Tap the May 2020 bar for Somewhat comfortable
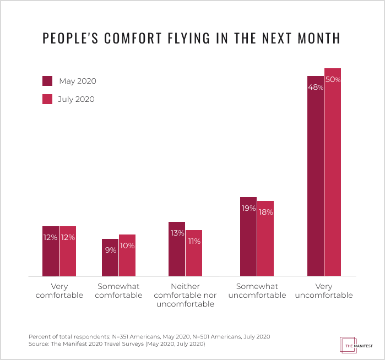[x=110, y=258]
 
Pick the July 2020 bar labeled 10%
[x=127, y=255]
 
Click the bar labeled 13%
[x=177, y=249]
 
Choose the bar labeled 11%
[x=194, y=253]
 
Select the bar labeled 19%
[x=248, y=237]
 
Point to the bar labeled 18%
[x=265, y=238]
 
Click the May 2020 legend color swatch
[x=47, y=81]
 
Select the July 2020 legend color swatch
[x=47, y=99]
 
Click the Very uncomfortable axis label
[x=324, y=291]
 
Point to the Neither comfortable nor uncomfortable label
[x=186, y=295]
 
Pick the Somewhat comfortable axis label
[x=118, y=291]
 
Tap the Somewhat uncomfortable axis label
[x=257, y=291]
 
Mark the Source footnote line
[x=116, y=344]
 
